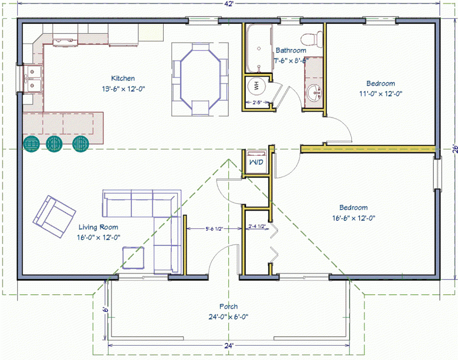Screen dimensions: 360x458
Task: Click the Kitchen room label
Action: tap(123, 79)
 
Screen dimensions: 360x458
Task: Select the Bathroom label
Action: tap(291, 51)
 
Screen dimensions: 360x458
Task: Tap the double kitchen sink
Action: tap(32, 78)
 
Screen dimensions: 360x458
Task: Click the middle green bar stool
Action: tap(55, 144)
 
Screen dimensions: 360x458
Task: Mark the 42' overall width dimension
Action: tap(229, 4)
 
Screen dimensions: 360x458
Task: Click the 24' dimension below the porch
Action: tap(228, 346)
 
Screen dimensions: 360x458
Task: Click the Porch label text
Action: tap(228, 307)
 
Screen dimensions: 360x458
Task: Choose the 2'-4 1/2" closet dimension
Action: tap(257, 226)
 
